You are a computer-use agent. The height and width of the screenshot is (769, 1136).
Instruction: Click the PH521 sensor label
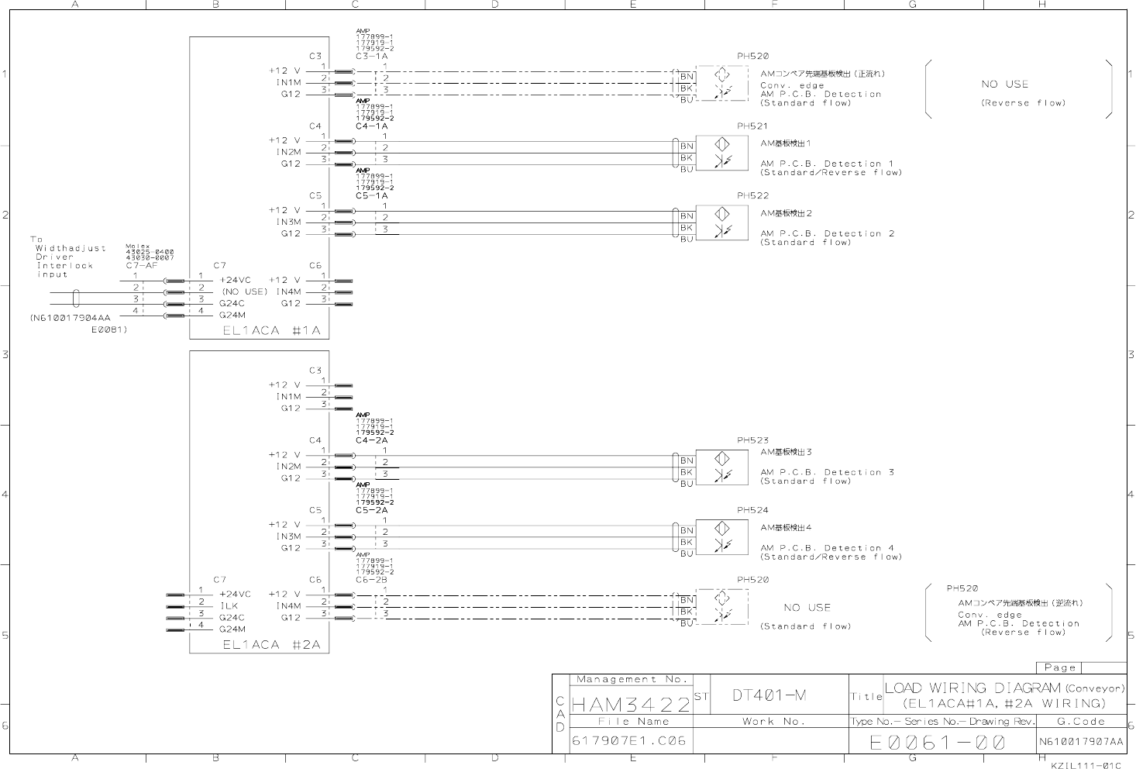coord(752,126)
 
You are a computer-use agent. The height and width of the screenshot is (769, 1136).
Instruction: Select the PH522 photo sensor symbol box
coord(722,222)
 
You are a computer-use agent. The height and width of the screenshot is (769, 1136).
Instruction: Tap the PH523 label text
coord(752,440)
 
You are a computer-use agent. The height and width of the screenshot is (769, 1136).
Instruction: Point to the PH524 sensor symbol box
coord(722,536)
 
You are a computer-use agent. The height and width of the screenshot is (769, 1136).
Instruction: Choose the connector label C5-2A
coord(372,510)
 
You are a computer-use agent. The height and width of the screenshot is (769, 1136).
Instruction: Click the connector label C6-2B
coord(372,580)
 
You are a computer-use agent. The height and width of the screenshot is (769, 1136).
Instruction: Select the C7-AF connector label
coord(142,265)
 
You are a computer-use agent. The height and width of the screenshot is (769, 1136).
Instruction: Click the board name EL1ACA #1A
coord(270,329)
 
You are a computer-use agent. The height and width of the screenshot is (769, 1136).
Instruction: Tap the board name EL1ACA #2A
coord(270,644)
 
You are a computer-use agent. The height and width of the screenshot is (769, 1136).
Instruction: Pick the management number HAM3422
coord(631,705)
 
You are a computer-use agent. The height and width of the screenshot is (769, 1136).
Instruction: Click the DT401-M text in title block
coord(769,695)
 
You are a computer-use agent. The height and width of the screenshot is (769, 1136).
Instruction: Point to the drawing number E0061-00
coord(938,743)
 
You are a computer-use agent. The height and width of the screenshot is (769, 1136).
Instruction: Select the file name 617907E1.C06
coord(629,740)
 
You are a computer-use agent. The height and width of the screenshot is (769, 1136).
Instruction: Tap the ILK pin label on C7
coord(229,606)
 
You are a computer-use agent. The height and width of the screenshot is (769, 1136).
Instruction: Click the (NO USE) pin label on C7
coord(244,291)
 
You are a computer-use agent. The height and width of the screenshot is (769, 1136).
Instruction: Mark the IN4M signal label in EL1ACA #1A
coord(288,292)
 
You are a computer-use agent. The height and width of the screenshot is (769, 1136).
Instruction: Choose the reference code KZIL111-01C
coord(1086,764)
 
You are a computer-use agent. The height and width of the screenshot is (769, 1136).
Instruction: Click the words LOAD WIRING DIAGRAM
coord(972,688)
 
